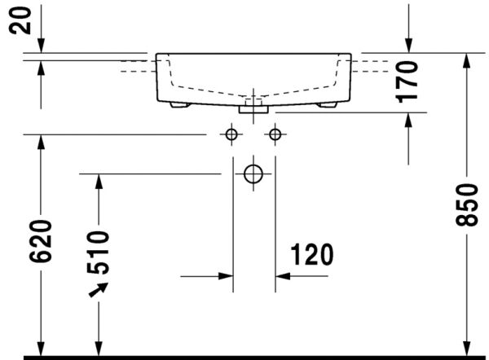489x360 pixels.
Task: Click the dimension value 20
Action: [26, 19]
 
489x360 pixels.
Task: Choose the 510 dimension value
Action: [98, 250]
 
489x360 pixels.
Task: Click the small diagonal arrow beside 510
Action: [99, 289]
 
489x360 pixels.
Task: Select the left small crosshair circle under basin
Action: [233, 134]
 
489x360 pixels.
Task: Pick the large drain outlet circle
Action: [254, 173]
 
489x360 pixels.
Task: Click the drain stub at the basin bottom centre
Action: [254, 105]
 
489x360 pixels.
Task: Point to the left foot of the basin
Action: [178, 105]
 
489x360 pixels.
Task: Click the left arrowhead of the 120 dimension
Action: [226, 276]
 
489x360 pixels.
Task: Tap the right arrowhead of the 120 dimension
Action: [283, 276]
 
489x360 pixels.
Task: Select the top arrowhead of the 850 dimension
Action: [466, 62]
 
